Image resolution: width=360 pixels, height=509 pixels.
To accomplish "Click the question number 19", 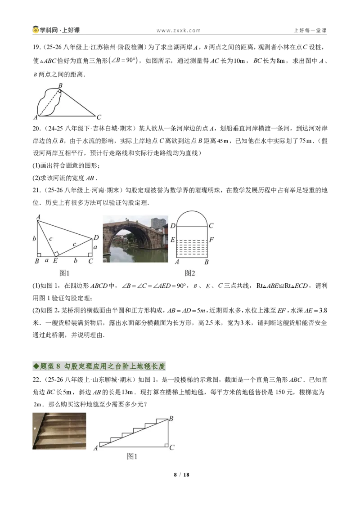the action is [x=36, y=47].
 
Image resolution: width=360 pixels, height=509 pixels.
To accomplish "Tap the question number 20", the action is [x=36, y=129].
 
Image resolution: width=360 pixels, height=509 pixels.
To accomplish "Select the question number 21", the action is [x=36, y=190].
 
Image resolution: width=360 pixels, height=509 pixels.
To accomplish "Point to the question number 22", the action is [x=36, y=380].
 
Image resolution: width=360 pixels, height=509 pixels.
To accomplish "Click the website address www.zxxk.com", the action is [x=178, y=31].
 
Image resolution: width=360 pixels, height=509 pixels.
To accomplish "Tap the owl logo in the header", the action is [x=36, y=30].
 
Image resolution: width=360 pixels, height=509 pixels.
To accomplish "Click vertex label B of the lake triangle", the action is [x=60, y=86].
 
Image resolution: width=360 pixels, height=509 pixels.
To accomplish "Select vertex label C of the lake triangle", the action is [x=99, y=117].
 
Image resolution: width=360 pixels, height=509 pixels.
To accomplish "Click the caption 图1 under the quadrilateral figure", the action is [x=64, y=273].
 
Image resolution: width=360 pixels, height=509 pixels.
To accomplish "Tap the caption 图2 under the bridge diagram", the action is [x=190, y=273].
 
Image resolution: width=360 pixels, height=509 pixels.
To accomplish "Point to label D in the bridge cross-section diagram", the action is [x=173, y=226].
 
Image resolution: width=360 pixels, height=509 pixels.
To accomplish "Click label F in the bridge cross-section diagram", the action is [x=211, y=240].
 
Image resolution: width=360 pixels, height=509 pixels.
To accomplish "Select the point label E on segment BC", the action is [x=55, y=261].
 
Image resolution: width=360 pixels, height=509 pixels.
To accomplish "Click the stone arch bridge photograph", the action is [x=135, y=239].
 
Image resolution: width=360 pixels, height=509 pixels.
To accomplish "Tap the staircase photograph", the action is [x=59, y=431].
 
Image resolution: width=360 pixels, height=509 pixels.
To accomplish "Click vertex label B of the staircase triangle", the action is [x=171, y=419].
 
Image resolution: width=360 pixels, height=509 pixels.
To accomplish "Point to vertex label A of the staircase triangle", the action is [x=95, y=448].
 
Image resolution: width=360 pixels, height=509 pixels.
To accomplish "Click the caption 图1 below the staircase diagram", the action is [x=132, y=457].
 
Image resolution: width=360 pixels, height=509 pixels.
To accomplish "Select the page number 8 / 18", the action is [x=182, y=474].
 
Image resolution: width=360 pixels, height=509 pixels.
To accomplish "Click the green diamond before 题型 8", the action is [x=36, y=366].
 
